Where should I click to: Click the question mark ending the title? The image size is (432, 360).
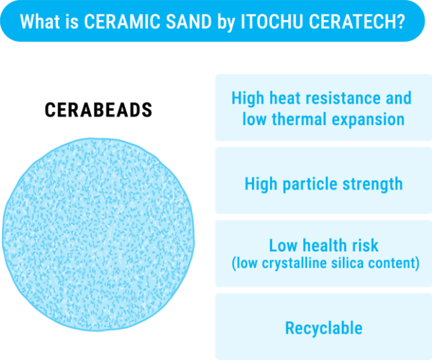coord(402,21)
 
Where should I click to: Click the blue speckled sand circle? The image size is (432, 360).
coord(98,232)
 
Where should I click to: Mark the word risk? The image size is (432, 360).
coord(365,245)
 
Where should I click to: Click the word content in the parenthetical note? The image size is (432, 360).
coord(395,263)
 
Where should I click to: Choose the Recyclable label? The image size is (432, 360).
coord(324,328)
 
